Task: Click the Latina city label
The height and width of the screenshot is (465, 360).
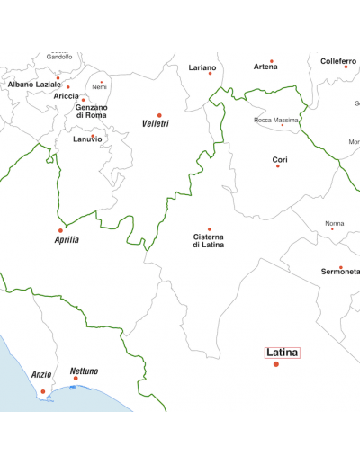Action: pos(282,353)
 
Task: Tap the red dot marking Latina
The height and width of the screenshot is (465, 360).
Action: pos(276,364)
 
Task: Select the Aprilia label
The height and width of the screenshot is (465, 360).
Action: pos(67,240)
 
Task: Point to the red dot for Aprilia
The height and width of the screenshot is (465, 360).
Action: pos(61,230)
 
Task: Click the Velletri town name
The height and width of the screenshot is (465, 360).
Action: pos(156,123)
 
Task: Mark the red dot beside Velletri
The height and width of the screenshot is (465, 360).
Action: pos(159,115)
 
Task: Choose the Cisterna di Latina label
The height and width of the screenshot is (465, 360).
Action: pos(209,241)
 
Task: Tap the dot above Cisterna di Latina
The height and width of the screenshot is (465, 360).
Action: pos(210,229)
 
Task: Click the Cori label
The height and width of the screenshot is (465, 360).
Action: pos(280,159)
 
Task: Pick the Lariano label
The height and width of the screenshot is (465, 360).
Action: pos(203,67)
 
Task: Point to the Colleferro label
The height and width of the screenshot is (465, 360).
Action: pos(338,61)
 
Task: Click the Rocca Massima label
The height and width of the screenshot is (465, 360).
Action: pos(276,120)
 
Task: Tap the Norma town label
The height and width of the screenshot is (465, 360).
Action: pos(334,223)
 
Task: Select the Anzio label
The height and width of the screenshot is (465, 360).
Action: pos(41,374)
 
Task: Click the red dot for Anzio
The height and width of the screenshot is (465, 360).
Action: pos(42,391)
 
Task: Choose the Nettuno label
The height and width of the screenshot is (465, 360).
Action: pos(85,371)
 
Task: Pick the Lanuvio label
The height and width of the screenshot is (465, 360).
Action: pos(87,139)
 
